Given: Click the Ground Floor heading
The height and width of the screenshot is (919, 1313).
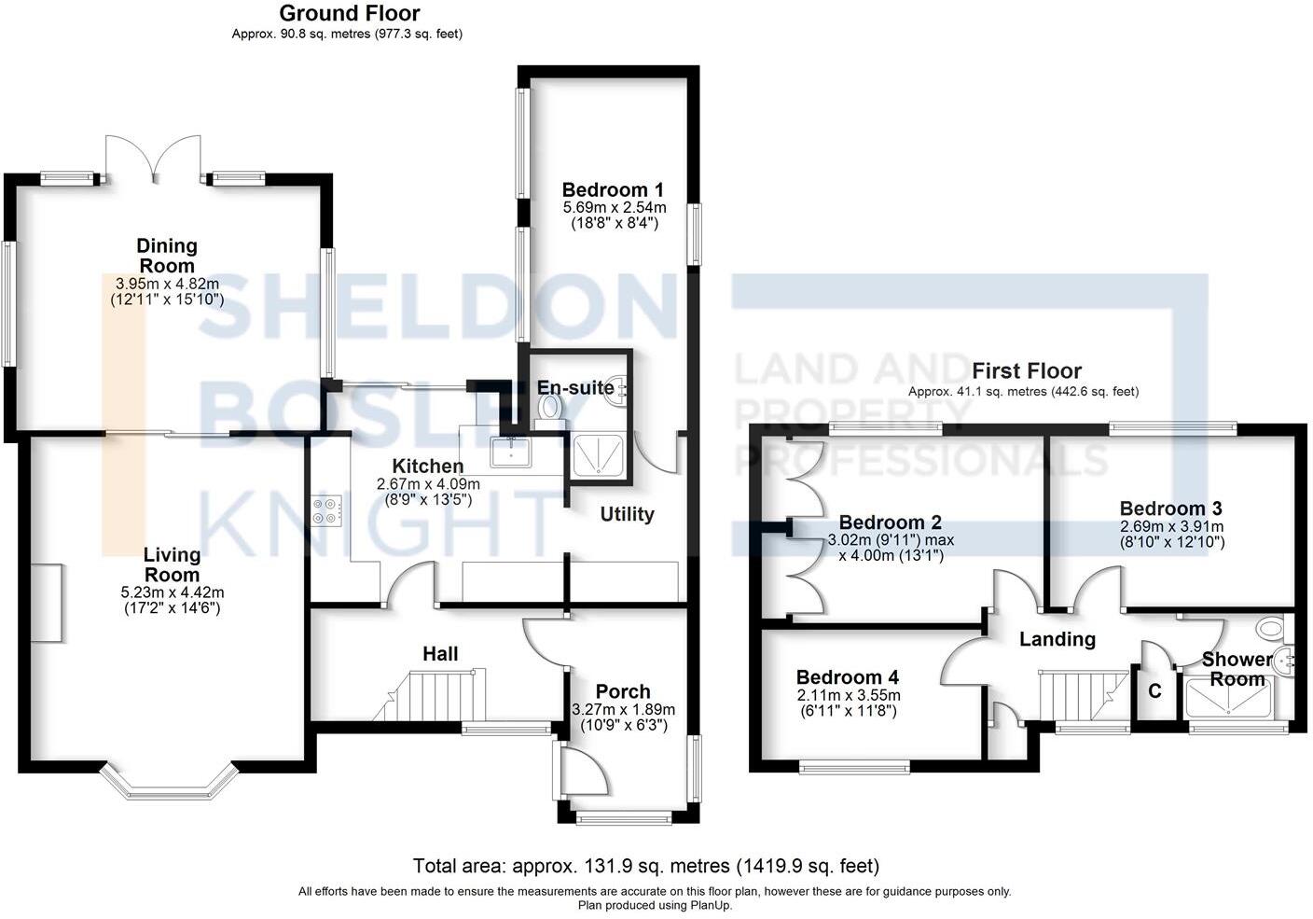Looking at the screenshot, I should coord(349,13).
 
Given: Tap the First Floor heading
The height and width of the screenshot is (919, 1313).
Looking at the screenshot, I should coord(1026,370).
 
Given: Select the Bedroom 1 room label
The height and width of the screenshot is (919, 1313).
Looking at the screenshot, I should coord(613,190).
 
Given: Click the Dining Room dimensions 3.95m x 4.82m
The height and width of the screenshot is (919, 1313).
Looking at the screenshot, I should coord(167,284).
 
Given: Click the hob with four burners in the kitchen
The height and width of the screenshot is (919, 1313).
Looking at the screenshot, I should coord(327,511).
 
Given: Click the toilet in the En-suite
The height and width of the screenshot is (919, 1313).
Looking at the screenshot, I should coord(551,408).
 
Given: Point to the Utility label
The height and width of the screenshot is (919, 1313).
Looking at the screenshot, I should coord(627,514).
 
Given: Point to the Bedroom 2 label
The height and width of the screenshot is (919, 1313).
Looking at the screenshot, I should coord(890,522).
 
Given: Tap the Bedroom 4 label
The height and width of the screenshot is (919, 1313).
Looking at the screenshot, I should coord(847,677).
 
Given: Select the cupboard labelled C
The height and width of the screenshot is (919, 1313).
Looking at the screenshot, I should coord(1154,691).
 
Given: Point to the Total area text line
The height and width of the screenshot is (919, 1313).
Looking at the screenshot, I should coord(645,866).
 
